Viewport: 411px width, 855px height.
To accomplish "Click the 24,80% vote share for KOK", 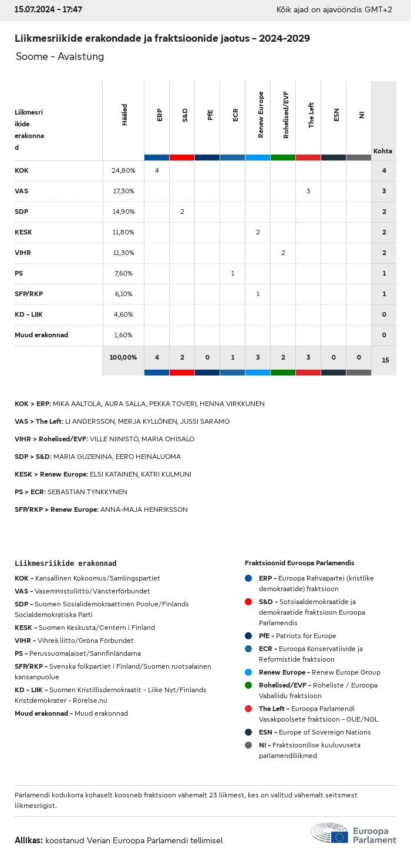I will tap(123, 170).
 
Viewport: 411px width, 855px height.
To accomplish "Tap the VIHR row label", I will tap(23, 253).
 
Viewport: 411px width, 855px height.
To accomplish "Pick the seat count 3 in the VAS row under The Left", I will tap(308, 191).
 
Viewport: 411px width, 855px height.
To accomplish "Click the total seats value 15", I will tap(385, 360).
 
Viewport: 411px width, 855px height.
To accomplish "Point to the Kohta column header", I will tap(383, 151).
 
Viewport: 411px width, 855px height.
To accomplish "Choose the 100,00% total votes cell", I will tap(123, 357).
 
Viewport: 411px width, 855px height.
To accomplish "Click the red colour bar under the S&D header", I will tap(182, 157).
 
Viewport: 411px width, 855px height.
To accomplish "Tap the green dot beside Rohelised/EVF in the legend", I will tap(248, 685).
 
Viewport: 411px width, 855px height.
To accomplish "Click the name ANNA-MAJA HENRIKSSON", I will tap(144, 509).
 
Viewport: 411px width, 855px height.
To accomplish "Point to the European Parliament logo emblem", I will tap(329, 833).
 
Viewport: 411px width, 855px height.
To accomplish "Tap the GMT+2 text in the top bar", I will tap(379, 10).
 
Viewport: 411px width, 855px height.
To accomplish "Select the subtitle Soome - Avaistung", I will tap(60, 56).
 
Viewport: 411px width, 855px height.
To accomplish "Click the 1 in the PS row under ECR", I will tap(233, 273).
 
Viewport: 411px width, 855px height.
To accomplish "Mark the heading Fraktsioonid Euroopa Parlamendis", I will tap(299, 563).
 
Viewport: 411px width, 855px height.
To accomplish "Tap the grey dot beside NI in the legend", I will tap(248, 745).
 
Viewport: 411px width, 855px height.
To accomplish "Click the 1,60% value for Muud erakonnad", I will tap(123, 335).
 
